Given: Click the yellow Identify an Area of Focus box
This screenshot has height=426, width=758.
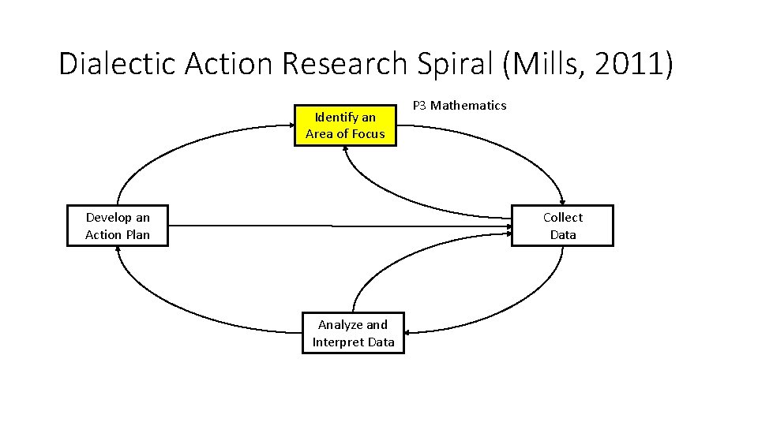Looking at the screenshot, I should [x=345, y=125].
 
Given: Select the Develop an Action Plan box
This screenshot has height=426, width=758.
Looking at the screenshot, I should [x=118, y=226].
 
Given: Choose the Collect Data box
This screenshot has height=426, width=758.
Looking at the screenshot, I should [x=562, y=226].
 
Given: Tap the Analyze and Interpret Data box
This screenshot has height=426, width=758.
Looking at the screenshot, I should [x=353, y=333].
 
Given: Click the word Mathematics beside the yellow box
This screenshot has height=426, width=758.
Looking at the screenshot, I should [x=468, y=106].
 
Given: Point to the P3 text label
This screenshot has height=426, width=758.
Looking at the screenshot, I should [x=420, y=106].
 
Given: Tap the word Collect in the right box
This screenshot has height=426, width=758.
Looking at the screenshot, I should [x=562, y=218].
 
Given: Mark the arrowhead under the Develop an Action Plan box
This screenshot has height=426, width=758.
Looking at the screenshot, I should [x=118, y=250].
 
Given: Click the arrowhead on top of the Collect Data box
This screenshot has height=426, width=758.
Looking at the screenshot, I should [x=562, y=201].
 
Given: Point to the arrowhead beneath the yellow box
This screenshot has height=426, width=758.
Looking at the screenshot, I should [x=345, y=150].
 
